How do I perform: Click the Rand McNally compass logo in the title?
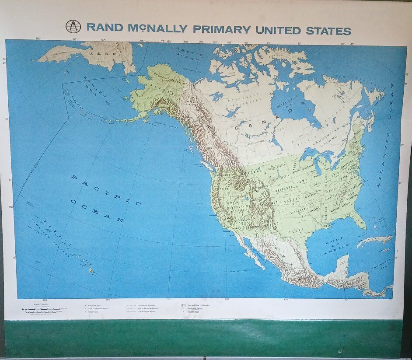point(73,27)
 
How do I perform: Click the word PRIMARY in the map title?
point(221,30)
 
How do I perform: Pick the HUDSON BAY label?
point(290,105)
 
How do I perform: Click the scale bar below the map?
point(44,309)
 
